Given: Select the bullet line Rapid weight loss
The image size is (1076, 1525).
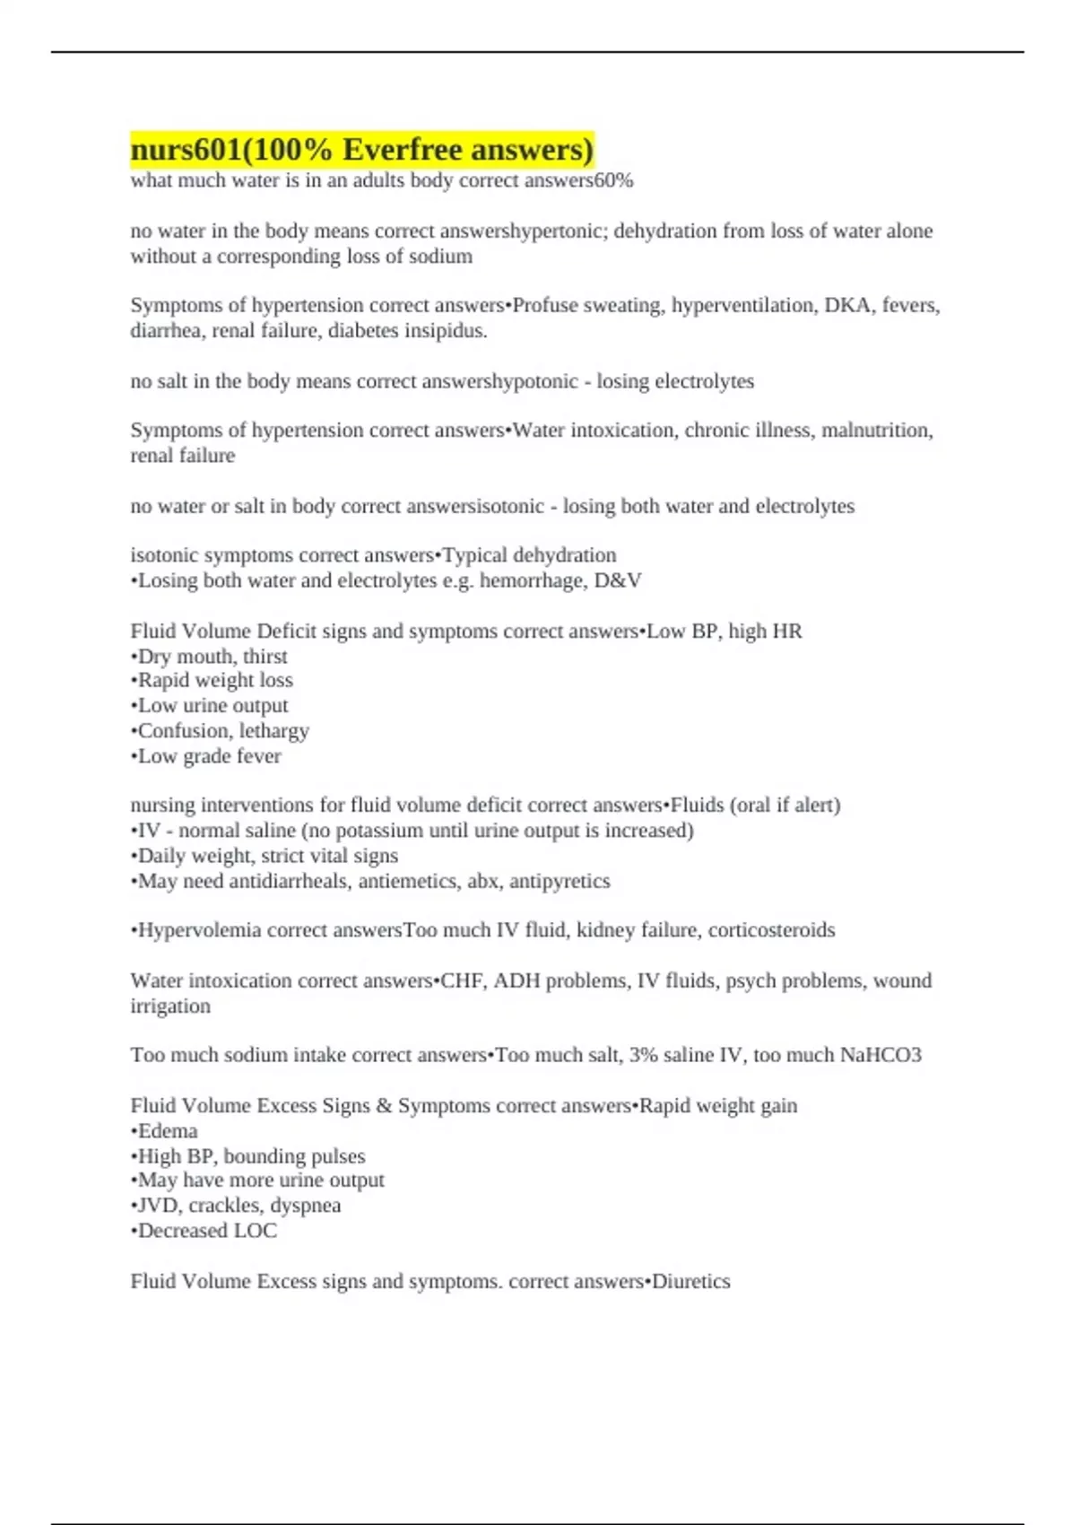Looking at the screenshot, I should coord(213,681).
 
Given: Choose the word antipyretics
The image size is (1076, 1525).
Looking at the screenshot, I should coord(560,882).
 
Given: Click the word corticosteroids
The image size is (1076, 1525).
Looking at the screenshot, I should coord(771,930).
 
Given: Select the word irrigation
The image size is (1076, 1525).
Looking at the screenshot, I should coord(170,1006).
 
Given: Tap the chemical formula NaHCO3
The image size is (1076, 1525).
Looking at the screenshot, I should coord(880,1055).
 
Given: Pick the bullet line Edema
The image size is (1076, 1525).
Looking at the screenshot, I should coord(166,1131).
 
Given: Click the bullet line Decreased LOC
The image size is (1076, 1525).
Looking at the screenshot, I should coord(205,1231).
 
